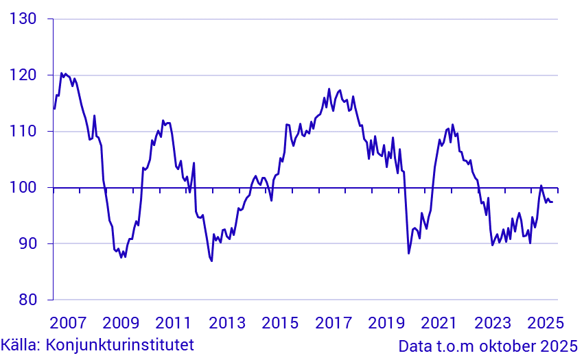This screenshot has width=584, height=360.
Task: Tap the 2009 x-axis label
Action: (x=120, y=322)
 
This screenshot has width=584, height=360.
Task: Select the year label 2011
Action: (x=173, y=322)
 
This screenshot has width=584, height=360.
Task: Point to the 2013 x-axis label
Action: (x=226, y=322)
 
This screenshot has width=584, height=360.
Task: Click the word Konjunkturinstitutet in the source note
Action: (x=119, y=344)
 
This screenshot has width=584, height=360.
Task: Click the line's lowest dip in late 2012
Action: (x=211, y=261)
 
